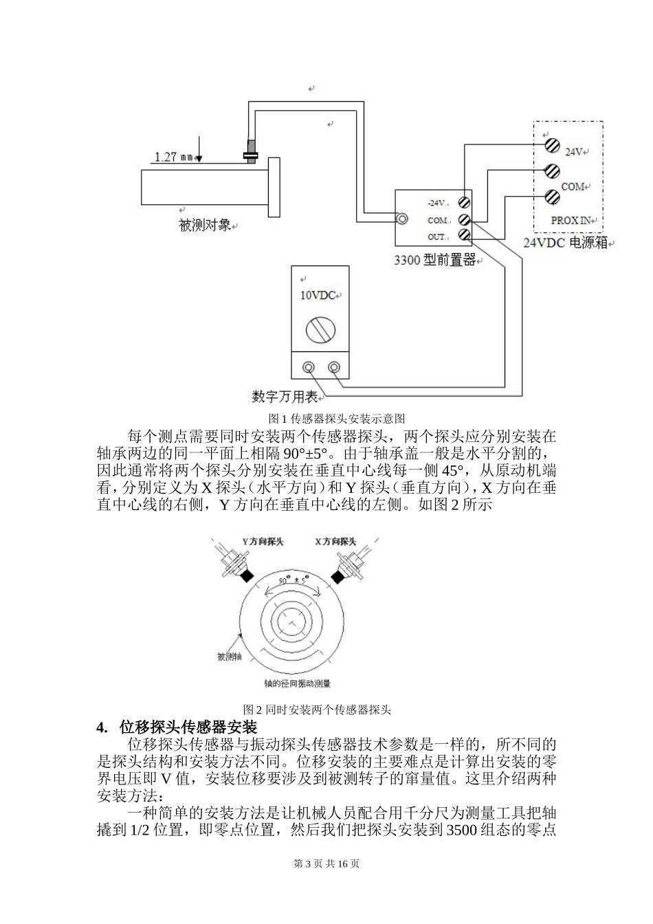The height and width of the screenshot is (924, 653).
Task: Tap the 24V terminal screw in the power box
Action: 551,146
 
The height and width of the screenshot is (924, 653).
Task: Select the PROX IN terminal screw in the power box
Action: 551,197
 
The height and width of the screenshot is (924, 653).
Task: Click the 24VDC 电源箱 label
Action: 566,243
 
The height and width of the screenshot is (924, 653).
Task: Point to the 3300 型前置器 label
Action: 434,261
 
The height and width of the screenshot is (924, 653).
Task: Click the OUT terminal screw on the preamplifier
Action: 465,236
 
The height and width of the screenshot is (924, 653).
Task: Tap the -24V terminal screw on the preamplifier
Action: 465,203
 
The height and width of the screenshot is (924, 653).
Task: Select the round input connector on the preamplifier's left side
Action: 401,219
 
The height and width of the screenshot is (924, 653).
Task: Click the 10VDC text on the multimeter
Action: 318,296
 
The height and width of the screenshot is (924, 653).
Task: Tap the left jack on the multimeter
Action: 310,368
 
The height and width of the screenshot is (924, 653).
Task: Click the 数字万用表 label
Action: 284,397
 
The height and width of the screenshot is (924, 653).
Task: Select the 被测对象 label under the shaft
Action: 204,225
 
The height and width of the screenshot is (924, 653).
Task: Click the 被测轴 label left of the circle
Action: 229,657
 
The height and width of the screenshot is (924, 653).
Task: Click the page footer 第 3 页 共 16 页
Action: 326,864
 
